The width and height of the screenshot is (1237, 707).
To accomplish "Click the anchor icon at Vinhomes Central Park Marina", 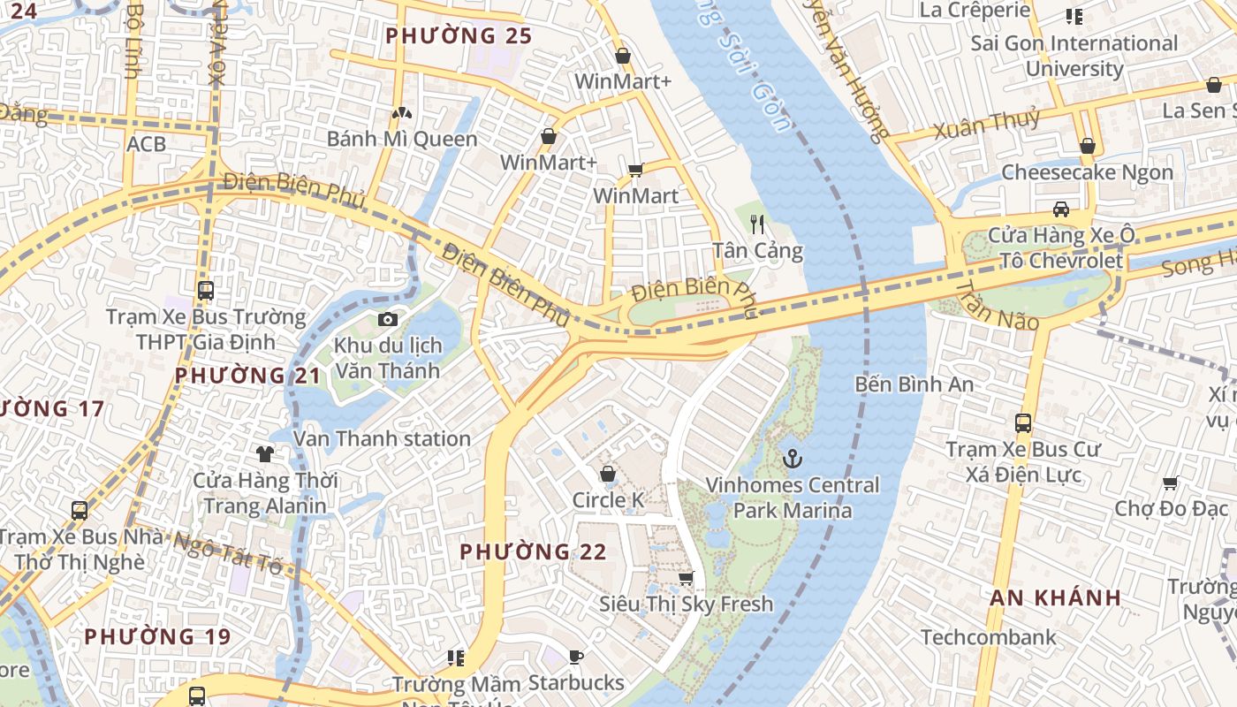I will [793, 459].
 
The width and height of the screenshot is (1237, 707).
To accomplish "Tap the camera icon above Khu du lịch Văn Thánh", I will [388, 319].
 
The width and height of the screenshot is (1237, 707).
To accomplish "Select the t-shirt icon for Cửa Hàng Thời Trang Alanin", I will [265, 454].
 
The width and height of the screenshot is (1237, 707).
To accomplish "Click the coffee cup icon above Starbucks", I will [576, 657].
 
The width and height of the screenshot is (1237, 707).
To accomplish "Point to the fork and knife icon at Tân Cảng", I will [757, 224].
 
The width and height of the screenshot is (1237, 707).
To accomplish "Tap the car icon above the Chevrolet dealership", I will [1060, 209].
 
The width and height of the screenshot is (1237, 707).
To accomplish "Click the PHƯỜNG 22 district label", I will [533, 552].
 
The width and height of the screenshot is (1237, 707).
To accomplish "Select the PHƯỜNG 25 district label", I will [459, 36].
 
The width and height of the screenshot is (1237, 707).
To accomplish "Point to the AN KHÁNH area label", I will [1055, 598].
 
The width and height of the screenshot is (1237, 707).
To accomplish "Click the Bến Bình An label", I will [914, 384].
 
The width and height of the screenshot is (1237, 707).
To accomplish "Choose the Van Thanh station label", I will [382, 438].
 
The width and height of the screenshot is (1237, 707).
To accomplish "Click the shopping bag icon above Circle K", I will [608, 475].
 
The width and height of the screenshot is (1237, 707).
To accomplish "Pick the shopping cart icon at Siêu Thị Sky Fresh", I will [686, 579].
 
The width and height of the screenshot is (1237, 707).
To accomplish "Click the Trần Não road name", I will [998, 306].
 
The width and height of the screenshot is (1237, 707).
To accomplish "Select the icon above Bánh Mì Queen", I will [402, 113].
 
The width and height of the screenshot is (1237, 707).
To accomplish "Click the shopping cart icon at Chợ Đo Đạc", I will [1171, 483].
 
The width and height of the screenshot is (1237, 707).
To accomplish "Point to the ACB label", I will [146, 143].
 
